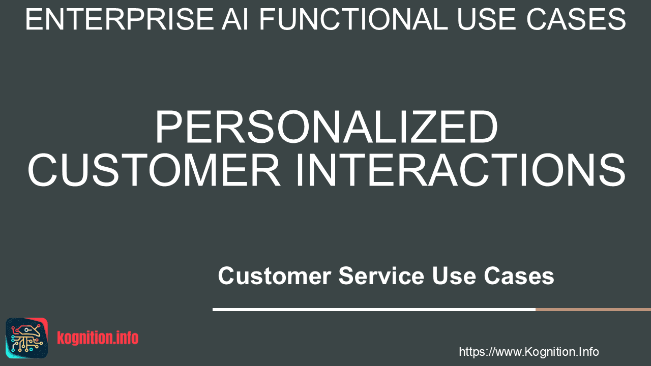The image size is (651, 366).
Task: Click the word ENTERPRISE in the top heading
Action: pyautogui.click(x=120, y=19)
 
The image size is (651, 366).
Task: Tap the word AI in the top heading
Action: pyautogui.click(x=235, y=19)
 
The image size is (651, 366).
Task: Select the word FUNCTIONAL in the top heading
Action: pyautogui.click(x=353, y=19)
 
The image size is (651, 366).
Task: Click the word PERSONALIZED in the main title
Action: pyautogui.click(x=327, y=127)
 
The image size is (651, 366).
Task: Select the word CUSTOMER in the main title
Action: pyautogui.click(x=154, y=170)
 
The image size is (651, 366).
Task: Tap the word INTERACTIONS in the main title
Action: pyautogui.click(x=460, y=170)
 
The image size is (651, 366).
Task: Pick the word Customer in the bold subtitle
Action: pyautogui.click(x=275, y=276)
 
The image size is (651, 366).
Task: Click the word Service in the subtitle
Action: pyautogui.click(x=381, y=276)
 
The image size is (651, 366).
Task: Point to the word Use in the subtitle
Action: pyautogui.click(x=454, y=276)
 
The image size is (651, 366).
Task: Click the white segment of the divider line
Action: pyautogui.click(x=374, y=310)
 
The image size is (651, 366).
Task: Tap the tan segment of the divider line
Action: pyautogui.click(x=593, y=310)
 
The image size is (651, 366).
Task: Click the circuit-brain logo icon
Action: pyautogui.click(x=27, y=338)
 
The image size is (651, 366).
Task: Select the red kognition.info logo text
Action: pyautogui.click(x=98, y=338)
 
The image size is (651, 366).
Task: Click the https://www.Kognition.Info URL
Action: pyautogui.click(x=528, y=352)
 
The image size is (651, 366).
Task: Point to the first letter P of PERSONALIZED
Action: pyautogui.click(x=170, y=127)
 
